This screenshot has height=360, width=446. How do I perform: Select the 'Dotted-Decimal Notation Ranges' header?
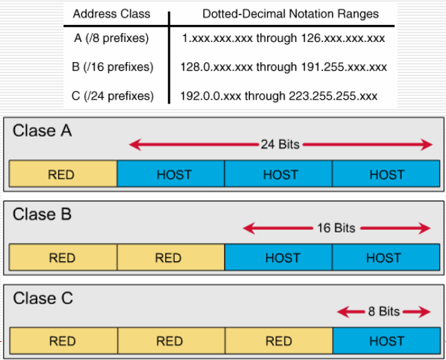coord(290,14)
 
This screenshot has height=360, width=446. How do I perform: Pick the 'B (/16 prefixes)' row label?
coord(113,67)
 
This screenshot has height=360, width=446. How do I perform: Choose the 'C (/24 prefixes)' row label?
coord(113,96)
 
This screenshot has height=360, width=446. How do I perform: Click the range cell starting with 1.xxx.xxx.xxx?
coord(282,39)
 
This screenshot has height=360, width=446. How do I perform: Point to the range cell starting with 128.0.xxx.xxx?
coord(284,67)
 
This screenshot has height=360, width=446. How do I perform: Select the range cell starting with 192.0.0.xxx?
coord(279,96)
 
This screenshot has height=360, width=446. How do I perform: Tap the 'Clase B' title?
coord(42,214)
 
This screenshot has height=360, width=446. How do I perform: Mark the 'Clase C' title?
coord(43,299)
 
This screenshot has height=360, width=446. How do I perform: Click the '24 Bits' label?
coord(280,145)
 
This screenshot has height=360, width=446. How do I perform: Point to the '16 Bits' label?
coord(336,228)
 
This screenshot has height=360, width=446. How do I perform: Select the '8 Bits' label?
coord(384,312)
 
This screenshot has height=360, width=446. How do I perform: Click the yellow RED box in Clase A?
coord(63,174)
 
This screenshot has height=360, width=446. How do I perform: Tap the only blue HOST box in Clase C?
coord(386,341)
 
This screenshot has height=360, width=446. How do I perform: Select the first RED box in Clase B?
coord(63,258)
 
